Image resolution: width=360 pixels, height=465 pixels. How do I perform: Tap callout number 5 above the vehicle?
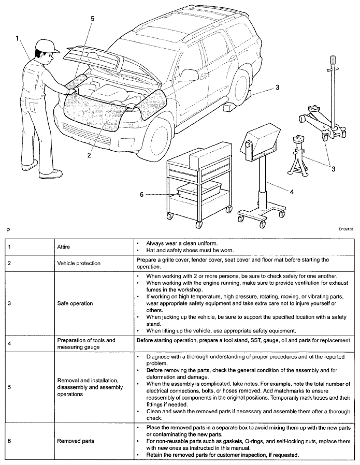93,19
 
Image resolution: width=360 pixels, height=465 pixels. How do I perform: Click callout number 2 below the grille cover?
89,155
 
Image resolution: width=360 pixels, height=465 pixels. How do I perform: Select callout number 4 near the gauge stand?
292,192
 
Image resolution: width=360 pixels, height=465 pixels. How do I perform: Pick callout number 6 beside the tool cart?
141,195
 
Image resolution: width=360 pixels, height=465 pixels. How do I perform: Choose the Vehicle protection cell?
79,263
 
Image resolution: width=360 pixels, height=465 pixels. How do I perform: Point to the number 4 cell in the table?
10,344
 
